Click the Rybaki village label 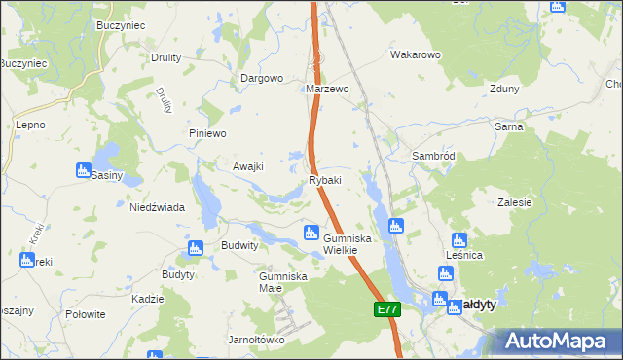pos(325,181)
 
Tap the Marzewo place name pos(327,89)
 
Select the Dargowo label pos(262,78)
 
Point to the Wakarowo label pos(417,54)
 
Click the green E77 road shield pos(386,309)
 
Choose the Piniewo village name pos(207,133)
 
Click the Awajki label pos(248,165)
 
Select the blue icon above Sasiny pos(84,170)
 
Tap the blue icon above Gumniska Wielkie pos(311,232)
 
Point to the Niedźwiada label pos(158,206)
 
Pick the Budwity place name pos(239,246)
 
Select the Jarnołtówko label pos(256,340)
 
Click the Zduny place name pos(505,89)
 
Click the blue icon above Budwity pos(195,247)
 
